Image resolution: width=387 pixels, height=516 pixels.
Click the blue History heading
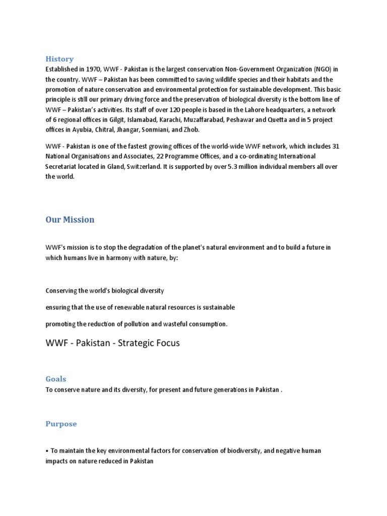59,59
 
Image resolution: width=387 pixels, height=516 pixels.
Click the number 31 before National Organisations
336,147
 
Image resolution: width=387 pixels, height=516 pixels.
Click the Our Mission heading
70,220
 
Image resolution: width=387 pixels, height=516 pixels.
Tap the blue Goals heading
56,379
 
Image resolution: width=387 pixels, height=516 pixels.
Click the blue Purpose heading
61,424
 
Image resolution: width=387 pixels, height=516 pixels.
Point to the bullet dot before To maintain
47,451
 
